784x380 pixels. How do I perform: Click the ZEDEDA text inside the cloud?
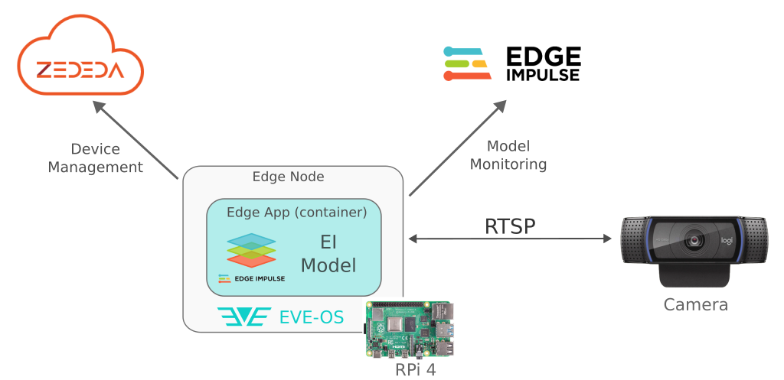tap(80, 71)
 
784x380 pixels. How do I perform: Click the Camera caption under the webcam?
tap(695, 305)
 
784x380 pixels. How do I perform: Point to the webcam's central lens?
tap(696, 239)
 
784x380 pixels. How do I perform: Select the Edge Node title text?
tap(288, 177)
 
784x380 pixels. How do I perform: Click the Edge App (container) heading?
tap(297, 212)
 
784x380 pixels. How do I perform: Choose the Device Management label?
tap(96, 158)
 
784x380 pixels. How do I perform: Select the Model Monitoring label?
tap(508, 154)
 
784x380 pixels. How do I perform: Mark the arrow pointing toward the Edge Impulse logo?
tap(457, 148)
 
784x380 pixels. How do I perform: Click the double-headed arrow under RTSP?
tap(511, 239)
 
